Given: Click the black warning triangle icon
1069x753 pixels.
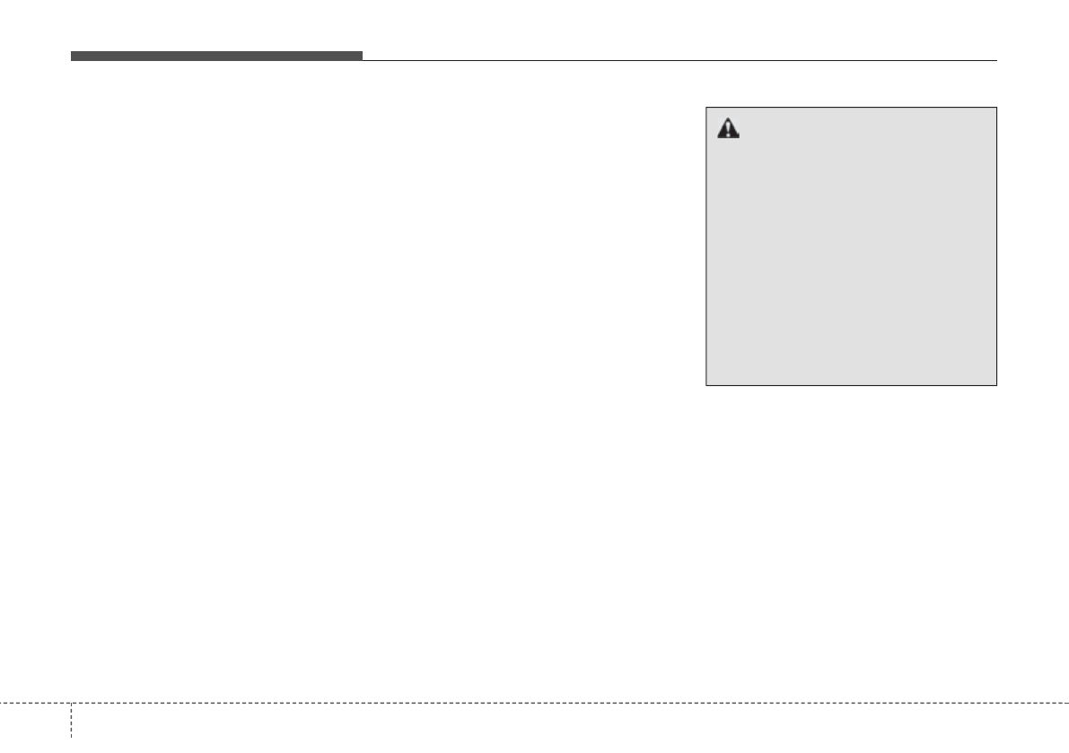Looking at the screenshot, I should tap(728, 129).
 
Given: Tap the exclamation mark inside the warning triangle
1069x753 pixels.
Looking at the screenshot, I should tap(728, 131).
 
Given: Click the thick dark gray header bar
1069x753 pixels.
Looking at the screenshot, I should tap(216, 56).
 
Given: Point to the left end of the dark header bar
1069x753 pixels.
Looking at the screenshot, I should tap(73, 56).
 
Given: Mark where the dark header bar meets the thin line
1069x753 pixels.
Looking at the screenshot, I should tap(363, 58).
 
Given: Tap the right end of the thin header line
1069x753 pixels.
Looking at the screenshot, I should tap(996, 60).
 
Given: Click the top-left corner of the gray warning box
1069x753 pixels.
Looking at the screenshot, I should tap(706, 108).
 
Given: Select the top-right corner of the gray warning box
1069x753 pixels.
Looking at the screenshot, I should tap(996, 108).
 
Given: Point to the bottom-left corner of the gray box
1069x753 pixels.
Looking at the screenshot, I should tap(706, 385).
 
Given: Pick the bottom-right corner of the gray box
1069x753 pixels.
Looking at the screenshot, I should tap(996, 385).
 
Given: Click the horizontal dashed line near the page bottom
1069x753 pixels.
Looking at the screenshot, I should tap(539, 703).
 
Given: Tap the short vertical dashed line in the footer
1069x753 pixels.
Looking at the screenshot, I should tap(71, 727).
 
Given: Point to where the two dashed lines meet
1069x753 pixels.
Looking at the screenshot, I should tap(71, 703).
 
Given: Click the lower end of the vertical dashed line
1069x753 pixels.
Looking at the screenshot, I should tap(71, 750).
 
